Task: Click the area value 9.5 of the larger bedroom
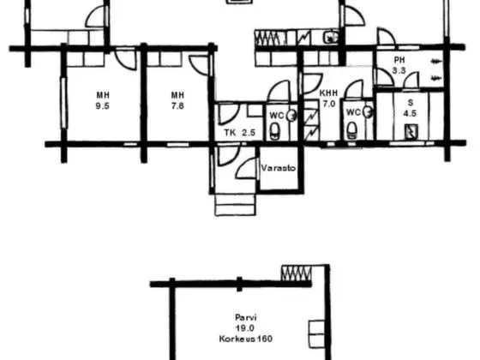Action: (x=103, y=106)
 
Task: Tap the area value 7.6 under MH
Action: (x=177, y=106)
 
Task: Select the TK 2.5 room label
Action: (x=240, y=133)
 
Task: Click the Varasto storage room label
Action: (x=279, y=168)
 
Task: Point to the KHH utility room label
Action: (x=328, y=93)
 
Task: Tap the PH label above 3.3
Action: (x=399, y=60)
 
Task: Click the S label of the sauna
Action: (x=411, y=103)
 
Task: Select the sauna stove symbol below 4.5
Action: (x=411, y=131)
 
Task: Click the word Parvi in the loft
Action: (x=245, y=317)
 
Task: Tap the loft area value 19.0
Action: (x=245, y=328)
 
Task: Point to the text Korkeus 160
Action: (x=245, y=339)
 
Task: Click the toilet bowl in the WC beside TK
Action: (x=275, y=130)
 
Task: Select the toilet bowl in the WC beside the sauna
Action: (x=351, y=129)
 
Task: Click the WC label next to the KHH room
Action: (x=353, y=112)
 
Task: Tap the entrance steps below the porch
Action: (x=236, y=205)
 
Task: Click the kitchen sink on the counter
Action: (x=331, y=38)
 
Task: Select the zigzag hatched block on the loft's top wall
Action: (x=296, y=273)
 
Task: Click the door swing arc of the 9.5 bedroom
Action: (x=126, y=59)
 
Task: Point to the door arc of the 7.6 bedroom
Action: (x=200, y=65)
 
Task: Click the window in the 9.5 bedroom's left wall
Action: (x=63, y=103)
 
